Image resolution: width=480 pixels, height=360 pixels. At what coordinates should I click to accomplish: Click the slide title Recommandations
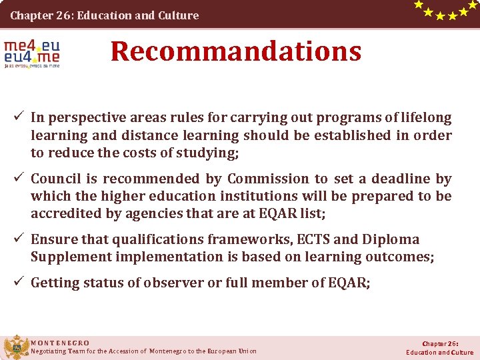(x=236, y=51)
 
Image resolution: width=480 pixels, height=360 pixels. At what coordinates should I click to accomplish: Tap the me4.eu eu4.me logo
(x=31, y=54)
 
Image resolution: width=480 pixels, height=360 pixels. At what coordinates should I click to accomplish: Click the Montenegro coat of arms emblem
(x=15, y=347)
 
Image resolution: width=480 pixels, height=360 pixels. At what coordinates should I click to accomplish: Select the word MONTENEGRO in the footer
(x=60, y=343)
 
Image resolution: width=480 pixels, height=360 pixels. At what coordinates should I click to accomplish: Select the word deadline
(x=396, y=179)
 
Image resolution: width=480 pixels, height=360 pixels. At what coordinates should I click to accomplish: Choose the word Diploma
(x=393, y=239)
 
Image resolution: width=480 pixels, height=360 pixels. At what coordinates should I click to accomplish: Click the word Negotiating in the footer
(x=49, y=351)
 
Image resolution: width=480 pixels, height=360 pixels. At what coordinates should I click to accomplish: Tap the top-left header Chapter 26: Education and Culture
(x=105, y=15)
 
